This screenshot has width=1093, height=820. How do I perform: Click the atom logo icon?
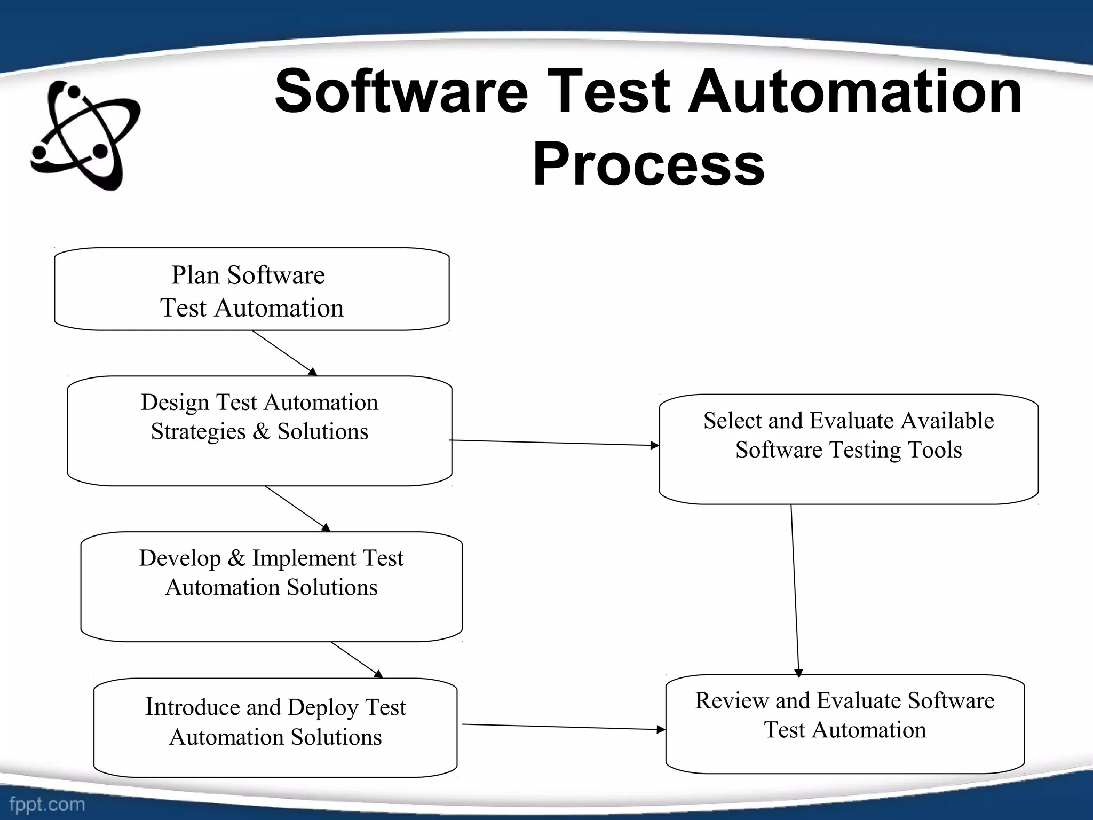85,136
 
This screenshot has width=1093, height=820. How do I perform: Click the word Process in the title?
648,164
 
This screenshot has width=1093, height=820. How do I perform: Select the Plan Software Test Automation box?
251,289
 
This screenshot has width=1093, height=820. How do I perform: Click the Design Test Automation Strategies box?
259,431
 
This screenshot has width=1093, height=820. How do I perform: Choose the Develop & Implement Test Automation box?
271,586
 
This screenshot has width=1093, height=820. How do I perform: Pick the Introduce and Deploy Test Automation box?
275,727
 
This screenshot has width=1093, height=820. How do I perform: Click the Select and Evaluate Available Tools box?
849,449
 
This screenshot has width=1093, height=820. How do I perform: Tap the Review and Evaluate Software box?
845,724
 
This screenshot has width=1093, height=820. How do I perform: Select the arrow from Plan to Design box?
284,353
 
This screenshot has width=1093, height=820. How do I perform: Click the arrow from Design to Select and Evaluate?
555,443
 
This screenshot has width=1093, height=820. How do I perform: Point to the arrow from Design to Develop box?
298,508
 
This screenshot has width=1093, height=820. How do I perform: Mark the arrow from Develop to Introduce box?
357,660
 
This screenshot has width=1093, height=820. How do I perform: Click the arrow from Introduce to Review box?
563,727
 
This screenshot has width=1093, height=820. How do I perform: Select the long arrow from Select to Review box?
795,590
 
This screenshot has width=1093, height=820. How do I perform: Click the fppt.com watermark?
47,804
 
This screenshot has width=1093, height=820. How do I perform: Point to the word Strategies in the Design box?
198,432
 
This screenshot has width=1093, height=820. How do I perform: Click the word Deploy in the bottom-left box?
322,708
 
